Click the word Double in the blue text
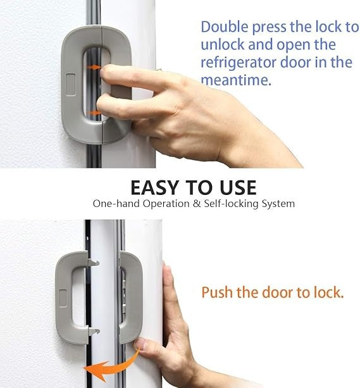(227, 27)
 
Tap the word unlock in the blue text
(223, 45)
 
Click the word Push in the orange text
(217, 293)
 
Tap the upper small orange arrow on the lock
(94, 66)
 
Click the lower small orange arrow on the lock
(93, 113)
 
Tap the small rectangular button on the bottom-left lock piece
(63, 295)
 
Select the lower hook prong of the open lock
(94, 330)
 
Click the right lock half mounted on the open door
(130, 297)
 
